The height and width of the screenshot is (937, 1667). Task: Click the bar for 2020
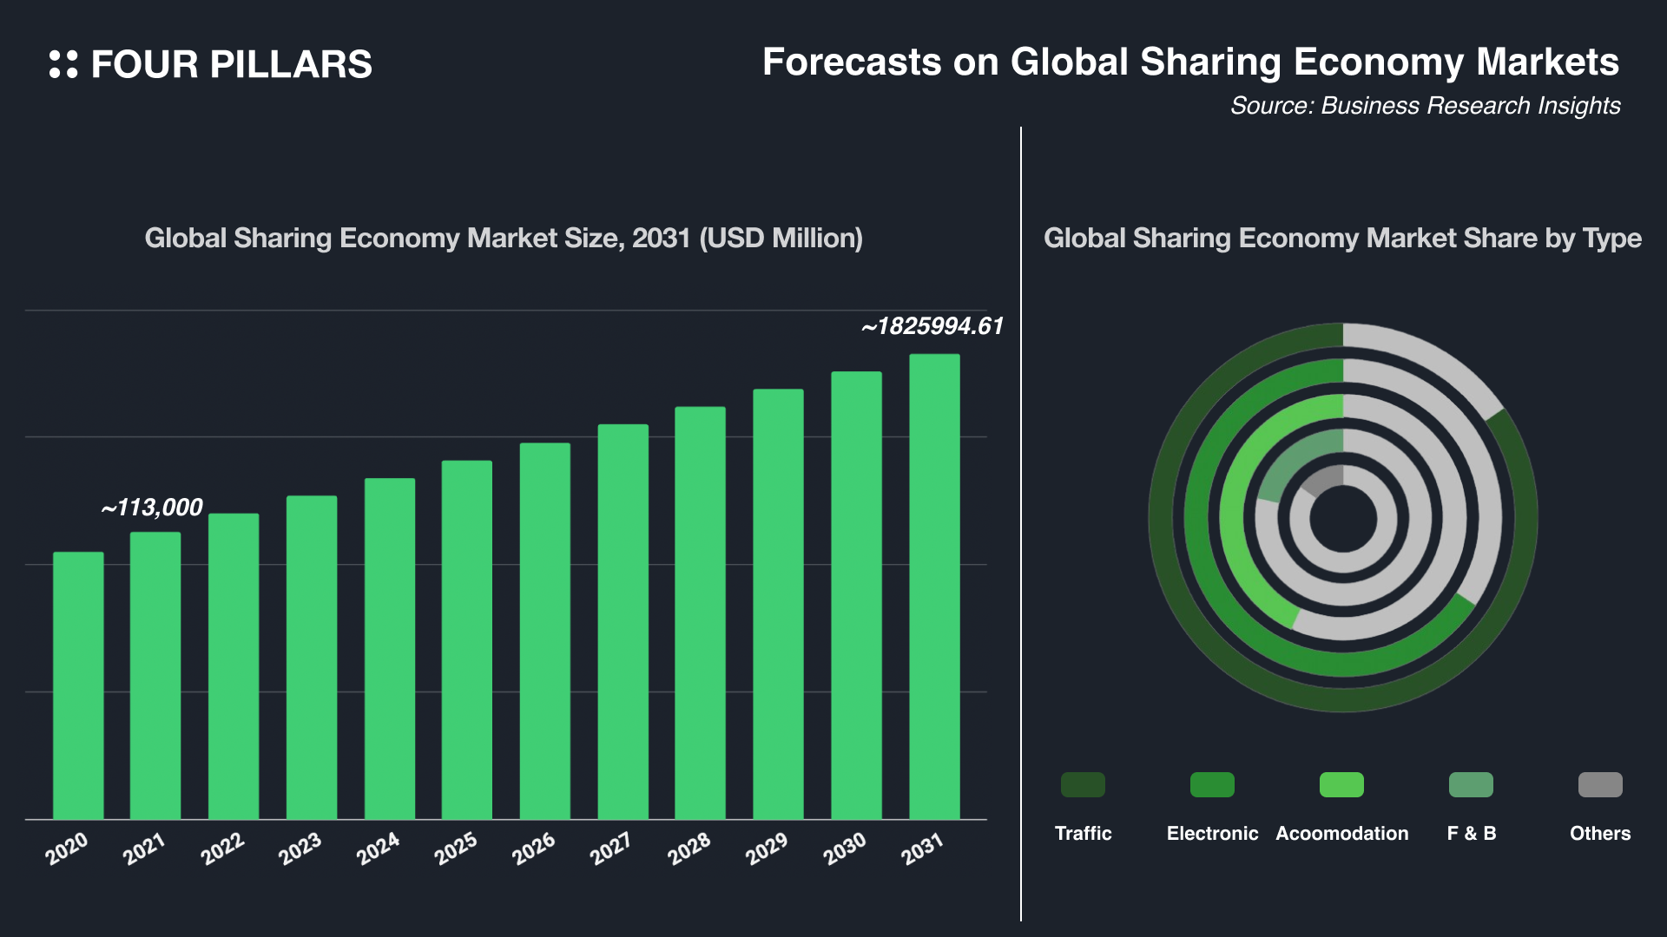coord(78,685)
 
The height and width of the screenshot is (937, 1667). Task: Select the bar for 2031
coord(934,586)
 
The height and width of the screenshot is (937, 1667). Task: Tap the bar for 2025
coord(466,639)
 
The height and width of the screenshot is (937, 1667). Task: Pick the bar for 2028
coord(700,613)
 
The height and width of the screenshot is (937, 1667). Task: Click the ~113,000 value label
coord(152,508)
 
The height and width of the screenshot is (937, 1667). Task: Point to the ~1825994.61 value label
coord(932,326)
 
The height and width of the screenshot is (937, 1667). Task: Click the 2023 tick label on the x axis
coord(300,849)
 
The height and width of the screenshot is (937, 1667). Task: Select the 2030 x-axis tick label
coord(844,849)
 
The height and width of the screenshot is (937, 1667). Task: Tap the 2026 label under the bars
coord(533,849)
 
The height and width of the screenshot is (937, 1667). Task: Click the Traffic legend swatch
coord(1083,784)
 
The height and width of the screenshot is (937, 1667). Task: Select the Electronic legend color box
coord(1212,784)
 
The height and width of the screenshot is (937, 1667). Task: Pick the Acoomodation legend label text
coord(1341,833)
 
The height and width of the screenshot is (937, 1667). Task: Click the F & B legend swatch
coord(1471,784)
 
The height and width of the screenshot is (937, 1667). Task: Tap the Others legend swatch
coord(1600,784)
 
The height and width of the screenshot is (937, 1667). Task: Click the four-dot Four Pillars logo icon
coord(63,64)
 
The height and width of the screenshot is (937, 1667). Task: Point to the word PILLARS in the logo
coord(290,65)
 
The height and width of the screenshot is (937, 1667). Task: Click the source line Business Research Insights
coord(1425,106)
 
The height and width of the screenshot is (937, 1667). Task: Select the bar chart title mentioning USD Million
coord(504,238)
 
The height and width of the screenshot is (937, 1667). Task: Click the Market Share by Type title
coord(1342,238)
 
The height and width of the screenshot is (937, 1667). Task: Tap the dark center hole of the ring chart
coord(1343,519)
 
